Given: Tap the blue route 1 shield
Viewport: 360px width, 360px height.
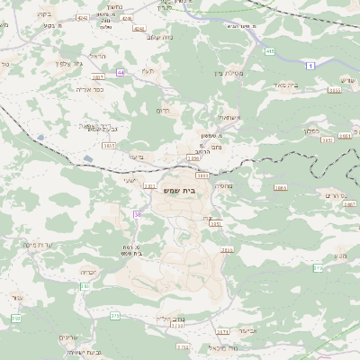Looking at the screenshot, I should pyautogui.click(x=310, y=66).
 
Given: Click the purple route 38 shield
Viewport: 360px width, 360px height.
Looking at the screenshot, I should pyautogui.click(x=138, y=214).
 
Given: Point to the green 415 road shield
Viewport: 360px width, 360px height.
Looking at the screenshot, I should pyautogui.click(x=270, y=51).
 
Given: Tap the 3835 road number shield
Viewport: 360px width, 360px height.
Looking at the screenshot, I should pyautogui.click(x=109, y=145).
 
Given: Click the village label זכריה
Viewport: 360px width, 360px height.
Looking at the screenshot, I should pyautogui.click(x=88, y=271).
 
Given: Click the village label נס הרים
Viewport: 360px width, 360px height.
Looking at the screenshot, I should pyautogui.click(x=334, y=194).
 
